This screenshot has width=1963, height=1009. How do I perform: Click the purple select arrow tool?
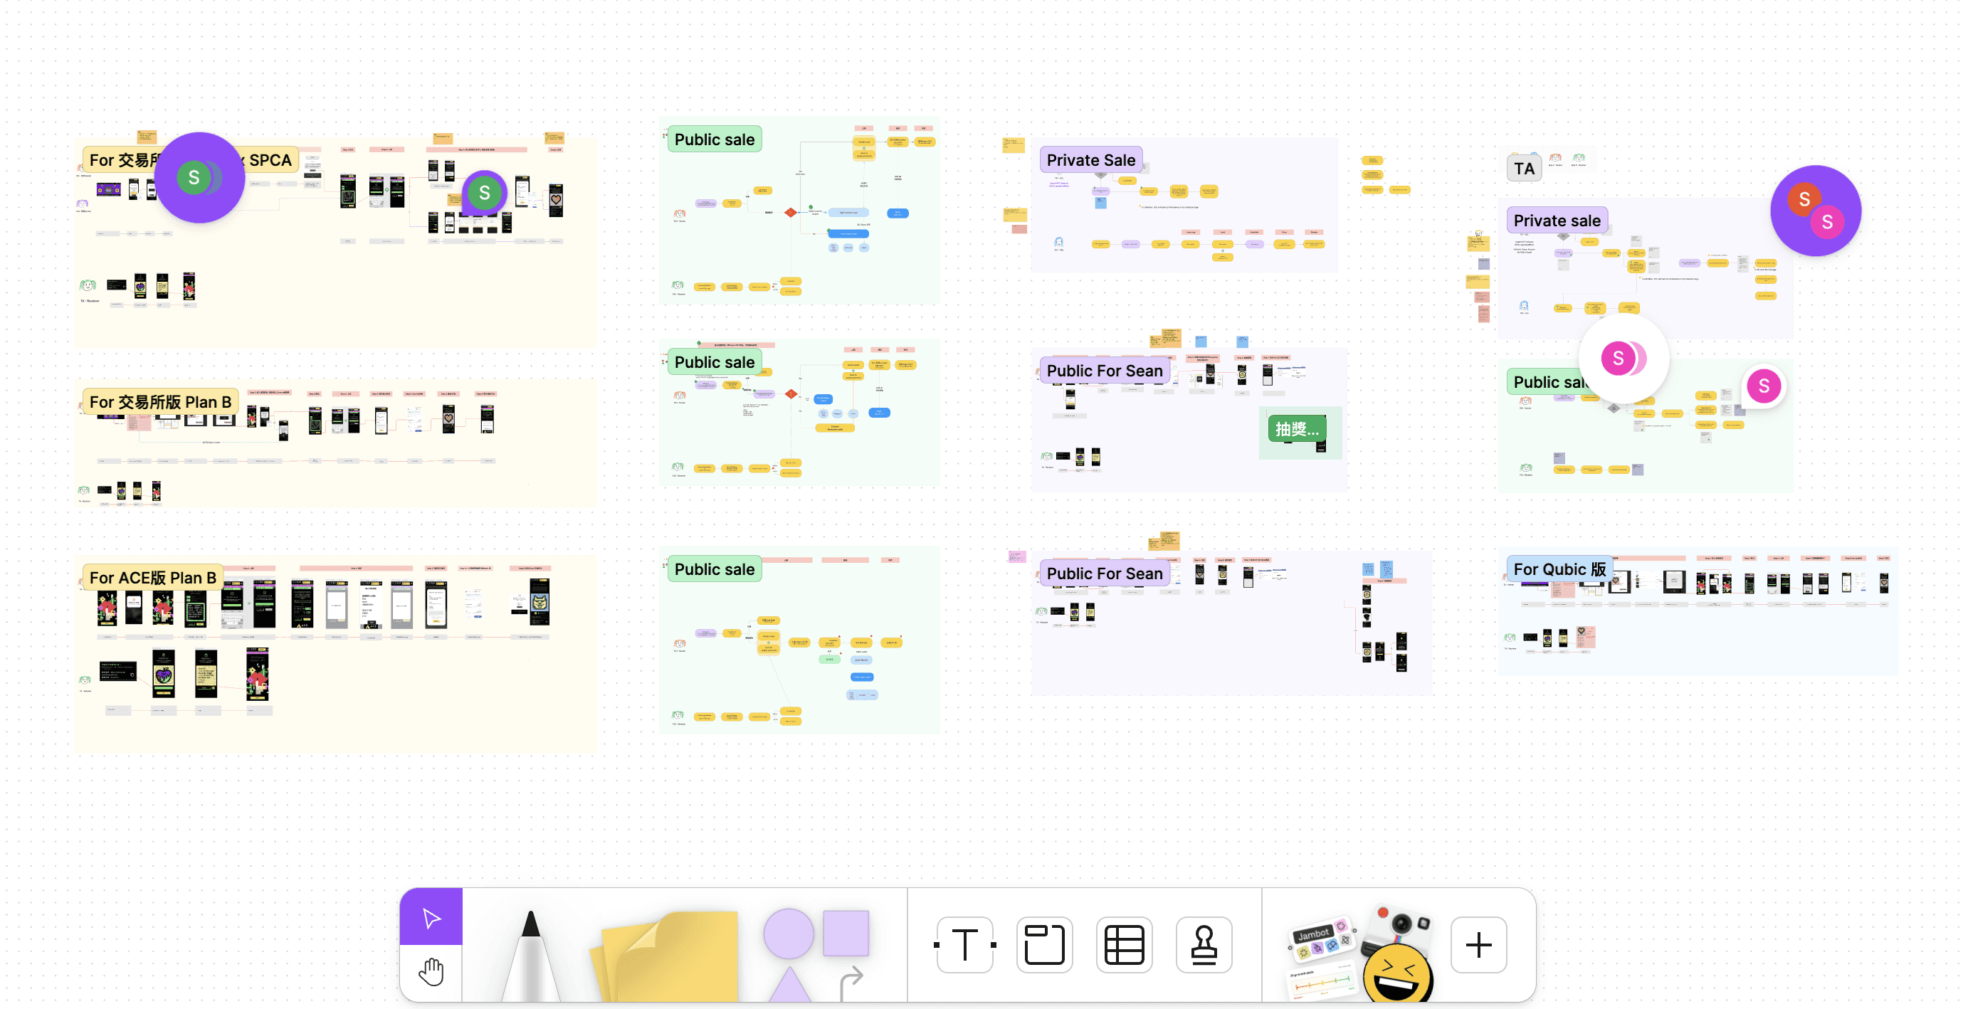click(x=431, y=916)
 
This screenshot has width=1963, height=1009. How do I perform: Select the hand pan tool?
click(x=431, y=973)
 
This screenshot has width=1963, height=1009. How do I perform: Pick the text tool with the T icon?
click(x=964, y=945)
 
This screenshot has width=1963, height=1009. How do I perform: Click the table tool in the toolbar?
click(x=1124, y=945)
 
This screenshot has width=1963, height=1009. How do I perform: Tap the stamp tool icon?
click(x=1204, y=945)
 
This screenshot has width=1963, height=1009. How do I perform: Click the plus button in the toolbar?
click(x=1478, y=945)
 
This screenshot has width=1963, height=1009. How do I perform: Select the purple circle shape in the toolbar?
click(x=789, y=933)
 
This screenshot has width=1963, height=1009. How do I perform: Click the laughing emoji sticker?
click(x=1398, y=974)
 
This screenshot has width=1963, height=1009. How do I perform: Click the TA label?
click(x=1524, y=169)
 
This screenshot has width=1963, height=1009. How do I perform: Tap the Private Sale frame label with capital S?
click(x=1090, y=160)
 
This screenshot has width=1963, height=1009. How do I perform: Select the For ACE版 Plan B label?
click(x=152, y=578)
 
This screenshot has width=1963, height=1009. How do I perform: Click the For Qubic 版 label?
click(x=1559, y=569)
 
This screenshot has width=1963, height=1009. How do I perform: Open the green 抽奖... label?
click(x=1297, y=429)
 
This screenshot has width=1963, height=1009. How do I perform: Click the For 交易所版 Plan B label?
click(x=160, y=401)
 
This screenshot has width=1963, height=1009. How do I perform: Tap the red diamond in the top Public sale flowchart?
click(x=791, y=212)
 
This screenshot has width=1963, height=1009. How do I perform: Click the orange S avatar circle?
click(x=1804, y=200)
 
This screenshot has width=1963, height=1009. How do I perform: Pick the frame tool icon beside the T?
click(x=1044, y=945)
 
